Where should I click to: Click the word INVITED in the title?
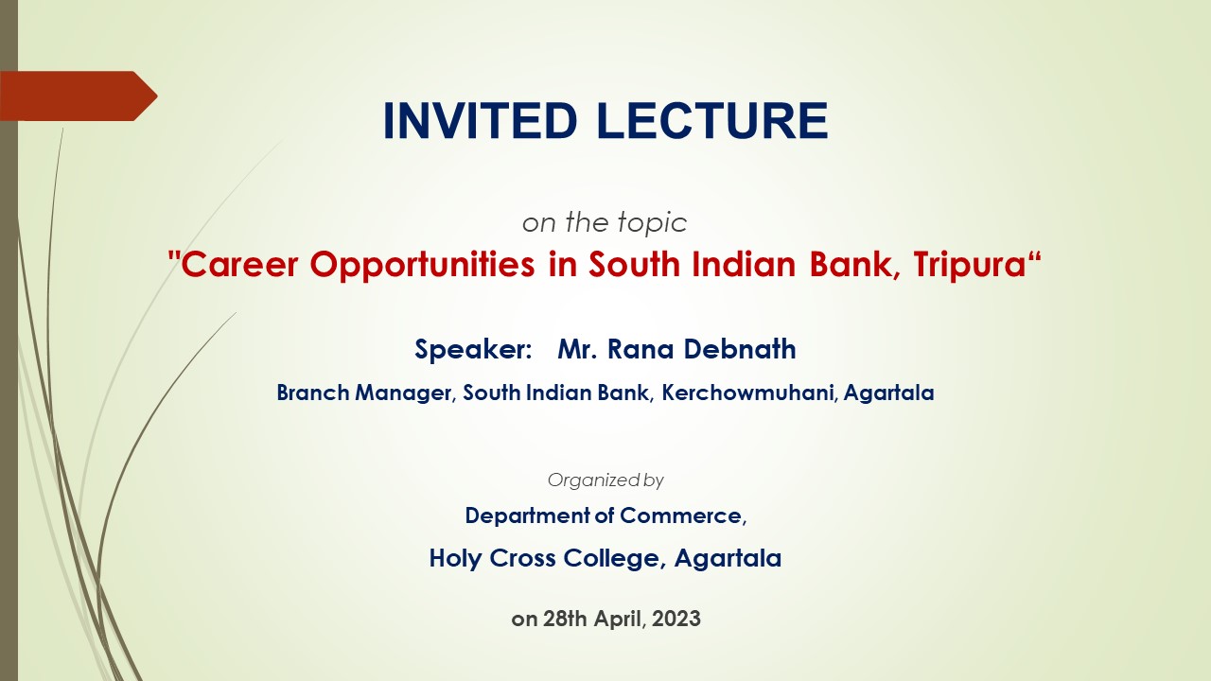click(480, 120)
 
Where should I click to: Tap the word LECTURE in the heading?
click(713, 120)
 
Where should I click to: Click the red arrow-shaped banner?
click(79, 96)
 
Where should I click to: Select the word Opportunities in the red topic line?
click(422, 265)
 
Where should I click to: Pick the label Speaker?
click(474, 349)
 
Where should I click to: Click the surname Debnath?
click(740, 349)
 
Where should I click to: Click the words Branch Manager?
click(364, 393)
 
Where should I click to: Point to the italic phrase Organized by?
click(605, 480)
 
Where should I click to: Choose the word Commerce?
click(683, 515)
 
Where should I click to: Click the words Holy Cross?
click(492, 558)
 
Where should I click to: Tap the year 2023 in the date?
click(676, 619)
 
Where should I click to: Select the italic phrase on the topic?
click(605, 222)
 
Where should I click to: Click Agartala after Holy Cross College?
click(728, 559)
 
